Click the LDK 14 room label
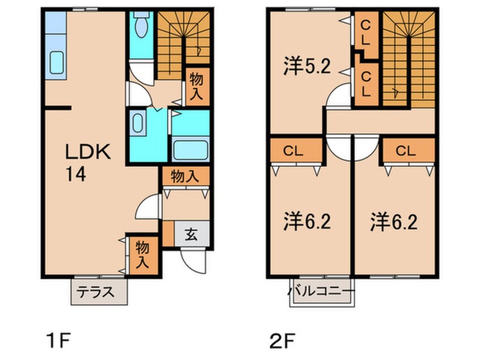point(89,162)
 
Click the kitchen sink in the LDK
point(57,62)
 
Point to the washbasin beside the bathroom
point(138,122)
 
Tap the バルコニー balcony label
point(322,292)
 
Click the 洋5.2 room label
point(307,68)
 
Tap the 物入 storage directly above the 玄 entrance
point(184,177)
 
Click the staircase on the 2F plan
point(409,57)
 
